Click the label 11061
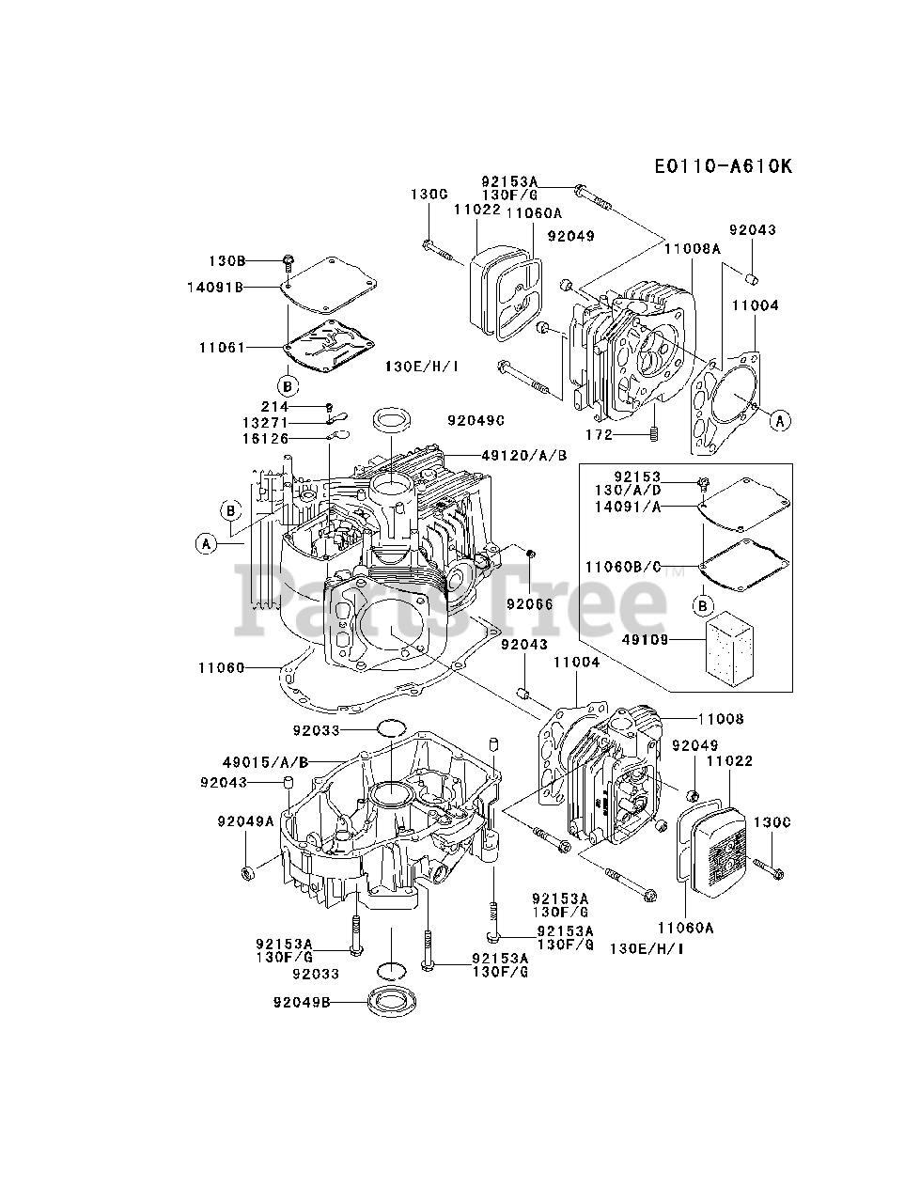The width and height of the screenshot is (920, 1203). tap(221, 348)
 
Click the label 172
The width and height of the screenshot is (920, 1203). tap(598, 435)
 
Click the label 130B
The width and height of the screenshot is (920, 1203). tap(226, 259)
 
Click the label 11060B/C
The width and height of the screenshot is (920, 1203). tap(623, 566)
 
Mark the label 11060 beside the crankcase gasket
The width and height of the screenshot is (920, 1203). tap(221, 668)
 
